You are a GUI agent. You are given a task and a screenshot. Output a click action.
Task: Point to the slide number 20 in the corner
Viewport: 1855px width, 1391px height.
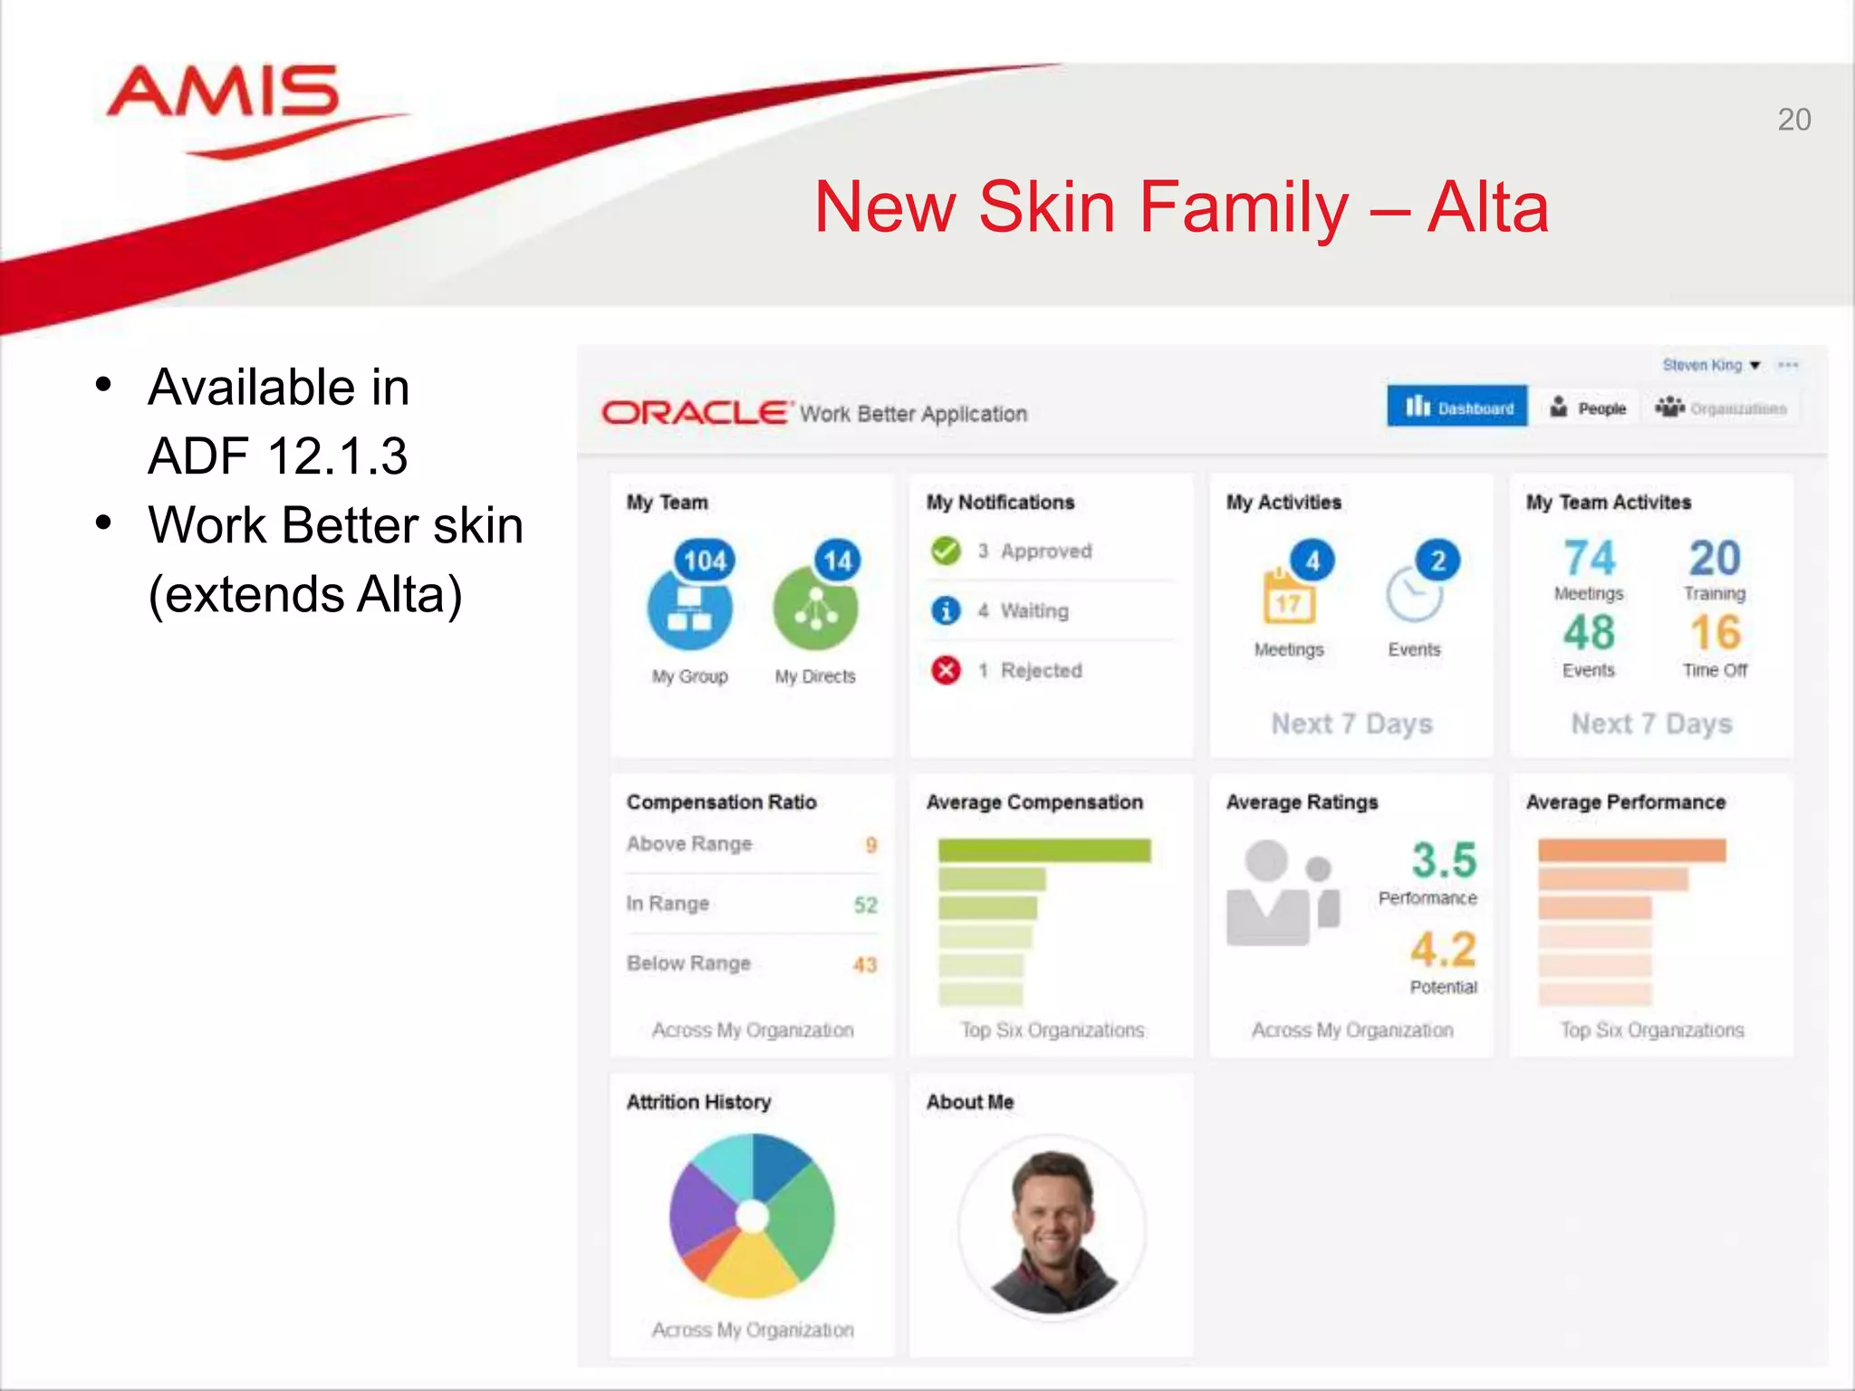click(1793, 120)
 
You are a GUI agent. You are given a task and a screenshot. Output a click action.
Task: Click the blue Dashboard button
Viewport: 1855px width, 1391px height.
click(1456, 408)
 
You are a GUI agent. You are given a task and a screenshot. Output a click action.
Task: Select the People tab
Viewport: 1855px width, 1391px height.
click(1590, 408)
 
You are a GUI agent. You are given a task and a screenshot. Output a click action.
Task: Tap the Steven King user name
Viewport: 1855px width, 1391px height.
click(1701, 365)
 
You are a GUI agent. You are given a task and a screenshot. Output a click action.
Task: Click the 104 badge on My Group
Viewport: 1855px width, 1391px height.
click(705, 561)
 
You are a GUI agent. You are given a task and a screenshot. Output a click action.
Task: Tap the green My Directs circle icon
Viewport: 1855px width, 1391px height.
click(814, 609)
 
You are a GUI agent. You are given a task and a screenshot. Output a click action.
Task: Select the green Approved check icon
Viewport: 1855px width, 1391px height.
click(946, 551)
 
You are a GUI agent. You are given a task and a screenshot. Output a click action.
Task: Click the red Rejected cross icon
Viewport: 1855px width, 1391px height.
click(946, 670)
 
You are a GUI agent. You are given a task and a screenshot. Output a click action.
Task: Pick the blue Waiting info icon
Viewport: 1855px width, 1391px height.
click(946, 610)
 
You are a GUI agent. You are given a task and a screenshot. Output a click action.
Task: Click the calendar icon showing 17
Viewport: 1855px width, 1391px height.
click(1288, 599)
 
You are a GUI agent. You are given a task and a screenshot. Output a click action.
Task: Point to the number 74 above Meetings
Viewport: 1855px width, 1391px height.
click(1589, 558)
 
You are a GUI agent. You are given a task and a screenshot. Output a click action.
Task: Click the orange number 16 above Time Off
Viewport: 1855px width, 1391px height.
click(1715, 632)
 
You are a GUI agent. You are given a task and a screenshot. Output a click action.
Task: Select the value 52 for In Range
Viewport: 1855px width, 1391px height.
click(865, 905)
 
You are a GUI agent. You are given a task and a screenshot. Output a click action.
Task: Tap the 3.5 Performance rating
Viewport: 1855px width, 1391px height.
click(1444, 860)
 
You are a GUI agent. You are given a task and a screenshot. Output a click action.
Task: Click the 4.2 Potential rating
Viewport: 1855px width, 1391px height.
click(1444, 949)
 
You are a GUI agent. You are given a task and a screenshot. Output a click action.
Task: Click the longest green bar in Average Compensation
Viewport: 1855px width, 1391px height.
click(1043, 850)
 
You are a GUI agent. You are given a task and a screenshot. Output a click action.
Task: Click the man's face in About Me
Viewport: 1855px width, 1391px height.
click(1052, 1204)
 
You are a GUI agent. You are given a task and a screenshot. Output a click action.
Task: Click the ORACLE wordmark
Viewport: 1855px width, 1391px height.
click(695, 413)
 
